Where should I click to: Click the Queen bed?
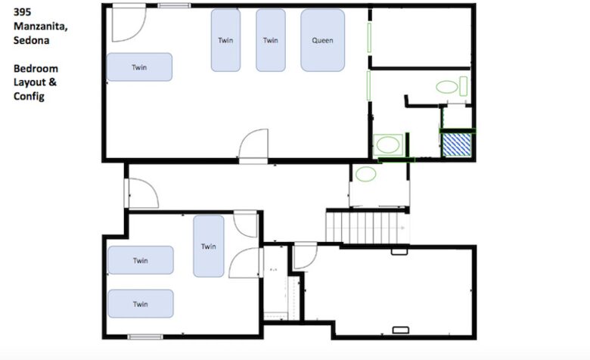tap(322, 40)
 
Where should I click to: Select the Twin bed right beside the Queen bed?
tap(271, 40)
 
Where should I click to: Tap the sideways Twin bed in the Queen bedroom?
tap(140, 67)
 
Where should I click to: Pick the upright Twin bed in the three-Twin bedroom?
tap(209, 246)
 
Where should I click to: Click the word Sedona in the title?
tap(31, 40)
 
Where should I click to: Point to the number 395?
tap(22, 11)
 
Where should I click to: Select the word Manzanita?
tap(41, 26)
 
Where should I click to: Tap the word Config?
tap(29, 96)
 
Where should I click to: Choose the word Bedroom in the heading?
tap(36, 69)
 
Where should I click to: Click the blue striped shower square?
tap(457, 144)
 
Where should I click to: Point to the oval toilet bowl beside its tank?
tap(446, 87)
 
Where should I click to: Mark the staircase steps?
tap(367, 228)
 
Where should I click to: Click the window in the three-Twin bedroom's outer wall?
tap(145, 337)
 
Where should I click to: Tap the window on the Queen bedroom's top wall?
tap(174, 5)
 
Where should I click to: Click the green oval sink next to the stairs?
tap(366, 174)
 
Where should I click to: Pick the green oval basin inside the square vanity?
tap(388, 144)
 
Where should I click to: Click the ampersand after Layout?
tap(53, 82)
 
